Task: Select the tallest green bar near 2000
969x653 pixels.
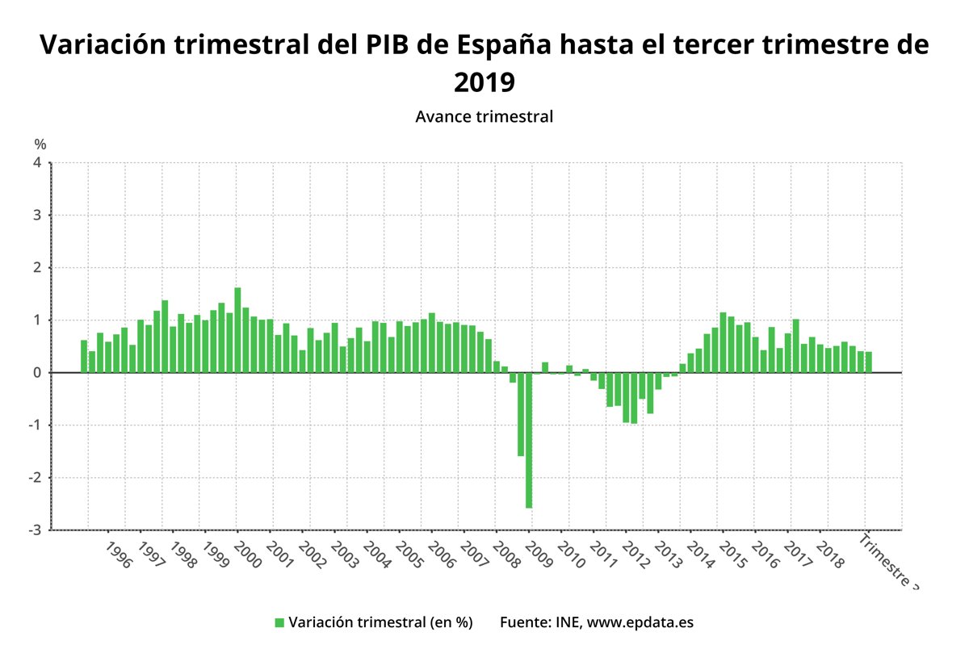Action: point(237,330)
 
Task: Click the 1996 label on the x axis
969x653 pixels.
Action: point(118,555)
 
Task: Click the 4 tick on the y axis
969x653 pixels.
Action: point(37,163)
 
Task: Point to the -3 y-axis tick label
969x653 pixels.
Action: point(36,530)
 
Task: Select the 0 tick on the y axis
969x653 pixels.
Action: point(37,373)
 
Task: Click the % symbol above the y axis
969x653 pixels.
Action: point(40,144)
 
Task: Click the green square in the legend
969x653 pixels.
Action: point(279,622)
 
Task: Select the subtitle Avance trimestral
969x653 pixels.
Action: point(484,116)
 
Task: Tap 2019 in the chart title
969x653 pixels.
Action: point(484,82)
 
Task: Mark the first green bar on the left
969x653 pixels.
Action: point(84,357)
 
